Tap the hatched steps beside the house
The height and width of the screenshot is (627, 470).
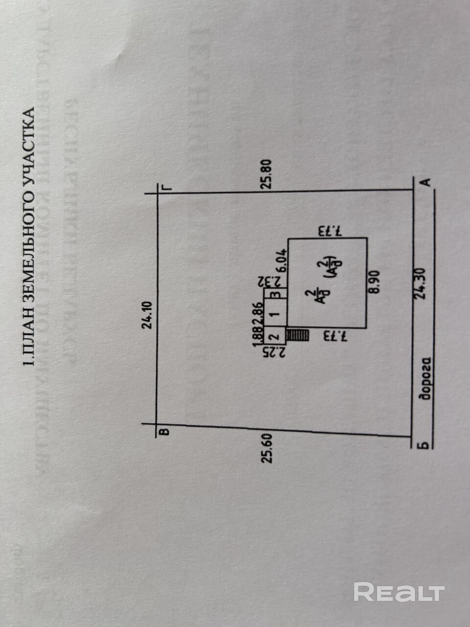coord(298,336)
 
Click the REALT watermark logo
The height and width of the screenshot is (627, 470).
coord(399,592)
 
